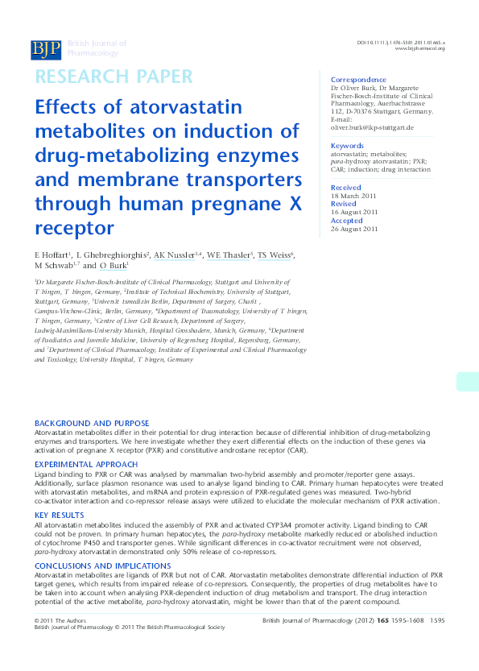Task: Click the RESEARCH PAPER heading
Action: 114,77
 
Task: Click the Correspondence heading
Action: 358,80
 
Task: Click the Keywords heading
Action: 353,146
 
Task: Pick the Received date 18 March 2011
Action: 356,196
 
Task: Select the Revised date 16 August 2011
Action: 357,213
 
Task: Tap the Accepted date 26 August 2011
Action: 357,229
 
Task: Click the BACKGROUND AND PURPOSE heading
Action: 92,423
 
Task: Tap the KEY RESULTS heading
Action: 59,515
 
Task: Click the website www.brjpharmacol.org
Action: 420,49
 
